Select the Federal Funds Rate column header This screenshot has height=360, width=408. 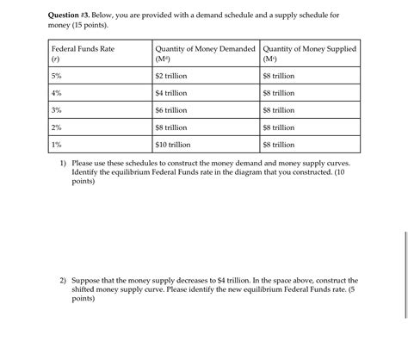click(x=83, y=50)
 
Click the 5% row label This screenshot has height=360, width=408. click(x=56, y=77)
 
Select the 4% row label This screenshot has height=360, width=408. click(x=56, y=94)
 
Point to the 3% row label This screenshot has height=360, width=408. click(x=56, y=111)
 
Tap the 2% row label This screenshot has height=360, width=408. click(x=56, y=128)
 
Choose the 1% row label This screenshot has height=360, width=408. click(x=56, y=146)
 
